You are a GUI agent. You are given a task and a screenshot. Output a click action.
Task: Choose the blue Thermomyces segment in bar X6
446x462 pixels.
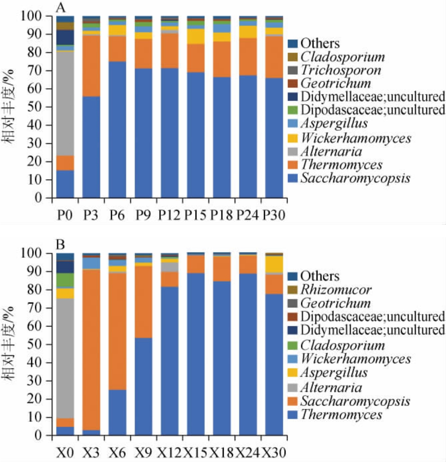pyautogui.click(x=117, y=412)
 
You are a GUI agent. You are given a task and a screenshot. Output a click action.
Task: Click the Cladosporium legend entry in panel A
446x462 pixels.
pyautogui.click(x=343, y=57)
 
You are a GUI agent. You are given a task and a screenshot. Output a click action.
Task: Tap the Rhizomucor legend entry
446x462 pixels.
pyautogui.click(x=336, y=290)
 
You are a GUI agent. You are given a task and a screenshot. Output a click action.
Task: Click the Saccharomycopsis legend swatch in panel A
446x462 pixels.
pyautogui.click(x=293, y=179)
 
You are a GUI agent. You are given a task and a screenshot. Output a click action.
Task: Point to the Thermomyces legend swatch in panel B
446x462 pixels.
pyautogui.click(x=293, y=415)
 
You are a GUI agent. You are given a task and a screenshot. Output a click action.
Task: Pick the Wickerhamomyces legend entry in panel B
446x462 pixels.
pyautogui.click(x=355, y=359)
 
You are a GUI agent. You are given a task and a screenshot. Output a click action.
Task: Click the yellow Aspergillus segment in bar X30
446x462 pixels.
pyautogui.click(x=274, y=264)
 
